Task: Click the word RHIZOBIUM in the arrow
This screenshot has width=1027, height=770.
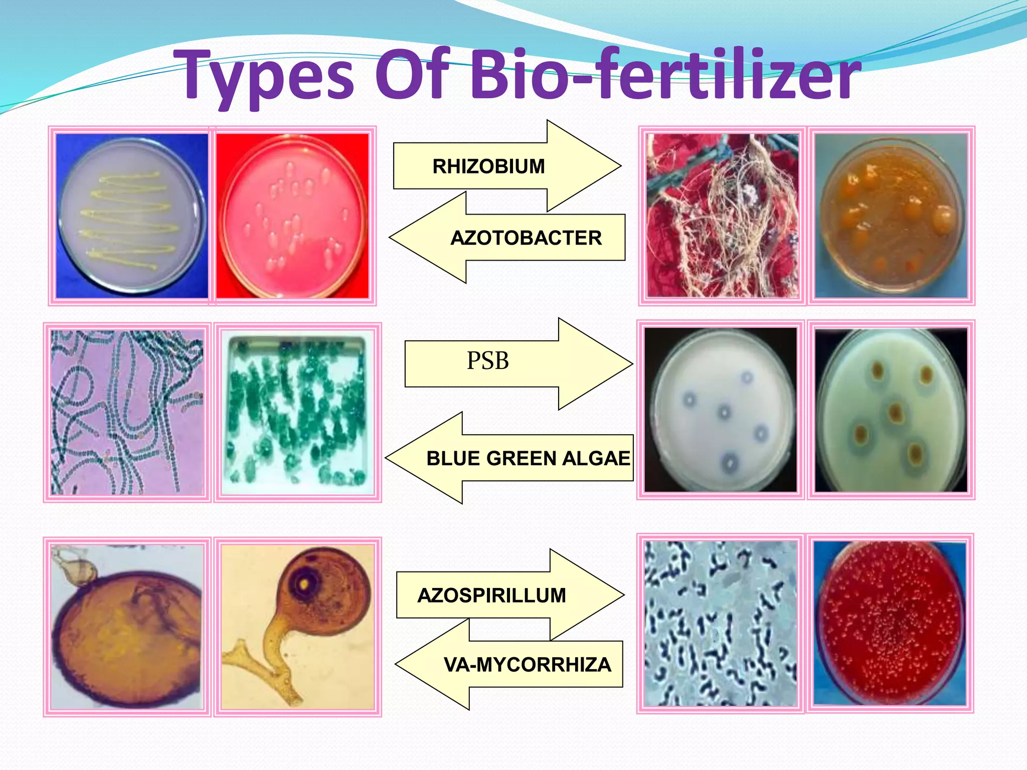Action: (488, 166)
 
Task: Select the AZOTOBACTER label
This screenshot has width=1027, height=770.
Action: (526, 238)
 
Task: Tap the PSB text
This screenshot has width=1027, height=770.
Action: (487, 361)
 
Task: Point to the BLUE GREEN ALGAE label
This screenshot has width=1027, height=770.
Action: (528, 458)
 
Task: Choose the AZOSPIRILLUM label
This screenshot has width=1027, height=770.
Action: (491, 596)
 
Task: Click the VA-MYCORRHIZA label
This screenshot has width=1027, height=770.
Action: (528, 665)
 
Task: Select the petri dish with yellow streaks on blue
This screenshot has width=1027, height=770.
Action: (131, 216)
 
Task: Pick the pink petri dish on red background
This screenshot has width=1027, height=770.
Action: (292, 216)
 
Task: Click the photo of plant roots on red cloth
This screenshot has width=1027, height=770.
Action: (722, 216)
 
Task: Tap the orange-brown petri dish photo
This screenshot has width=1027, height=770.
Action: (891, 216)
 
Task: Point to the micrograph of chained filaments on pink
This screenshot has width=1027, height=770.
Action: (127, 412)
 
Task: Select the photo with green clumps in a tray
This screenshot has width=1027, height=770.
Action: (298, 412)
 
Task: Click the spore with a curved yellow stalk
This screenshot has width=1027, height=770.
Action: (298, 627)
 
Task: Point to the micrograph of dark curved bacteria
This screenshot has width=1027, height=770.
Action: (720, 624)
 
